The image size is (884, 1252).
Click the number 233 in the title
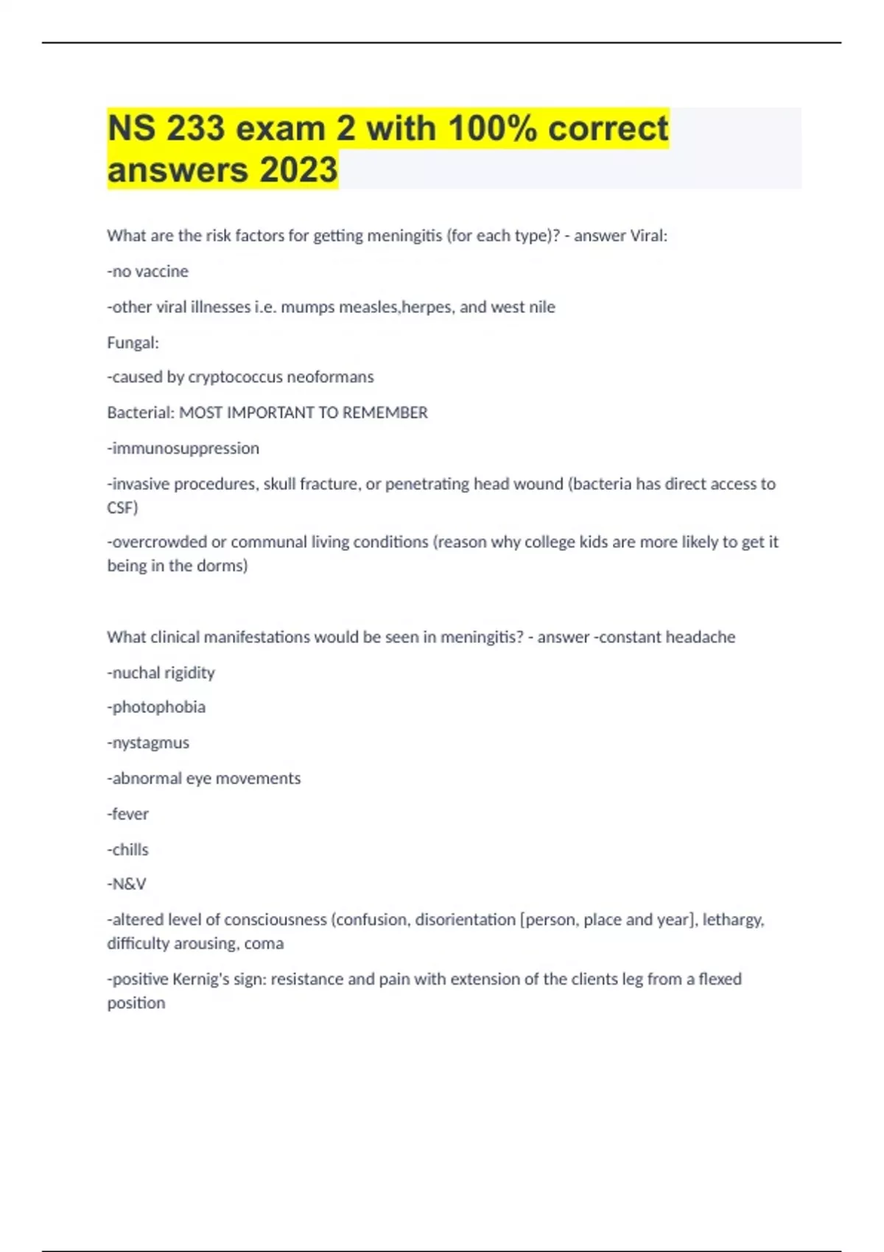(x=195, y=129)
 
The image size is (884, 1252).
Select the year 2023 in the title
(x=298, y=170)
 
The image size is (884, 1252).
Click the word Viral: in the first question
(x=648, y=236)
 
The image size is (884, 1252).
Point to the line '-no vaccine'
(x=147, y=272)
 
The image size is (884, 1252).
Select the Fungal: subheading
(x=133, y=342)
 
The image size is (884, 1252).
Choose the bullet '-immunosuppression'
(x=183, y=449)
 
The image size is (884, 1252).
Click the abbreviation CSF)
(x=122, y=507)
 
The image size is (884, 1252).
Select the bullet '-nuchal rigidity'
(x=161, y=672)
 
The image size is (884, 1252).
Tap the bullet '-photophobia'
(x=156, y=707)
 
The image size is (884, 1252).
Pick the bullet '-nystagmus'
(x=148, y=743)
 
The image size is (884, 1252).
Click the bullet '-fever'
(x=127, y=814)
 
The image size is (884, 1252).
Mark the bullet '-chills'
(x=127, y=850)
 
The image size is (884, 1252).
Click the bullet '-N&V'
(x=127, y=884)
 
